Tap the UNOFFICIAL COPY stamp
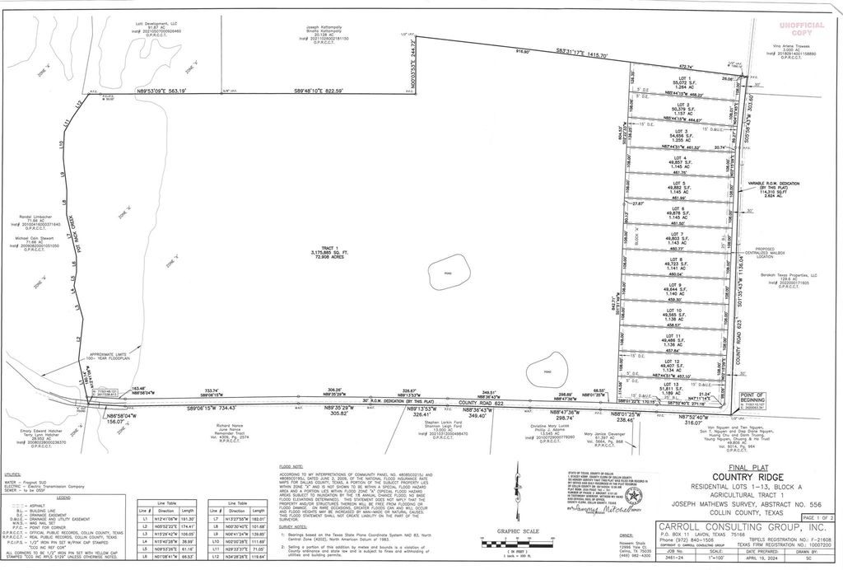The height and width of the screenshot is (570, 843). coord(804,27)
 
